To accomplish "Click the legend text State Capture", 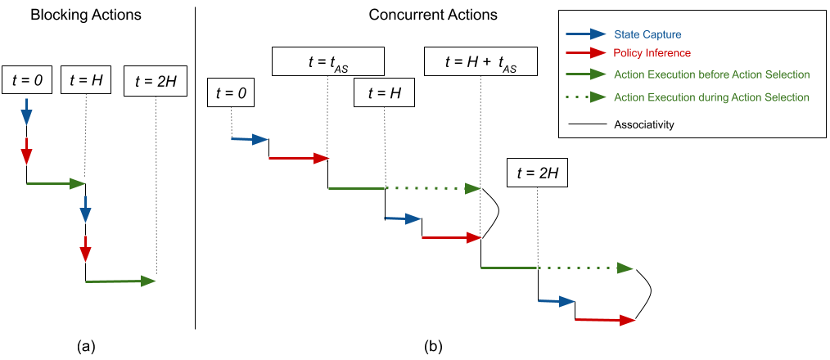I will point(647,34).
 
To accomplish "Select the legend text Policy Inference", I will point(652,53).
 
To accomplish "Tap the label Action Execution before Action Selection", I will point(711,74).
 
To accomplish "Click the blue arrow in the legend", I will point(585,34).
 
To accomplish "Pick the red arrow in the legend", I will point(585,53).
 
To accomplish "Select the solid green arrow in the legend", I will point(585,74).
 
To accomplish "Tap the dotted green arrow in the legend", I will point(585,97).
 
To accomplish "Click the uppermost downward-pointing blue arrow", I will point(26,112).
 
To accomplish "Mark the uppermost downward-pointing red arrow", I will point(26,151).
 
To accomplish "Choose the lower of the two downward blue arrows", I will point(85,209).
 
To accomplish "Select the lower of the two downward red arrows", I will point(85,250).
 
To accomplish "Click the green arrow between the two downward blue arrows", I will point(56,183).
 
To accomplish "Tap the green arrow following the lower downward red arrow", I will point(120,281).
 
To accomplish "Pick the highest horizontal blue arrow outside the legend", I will point(250,140).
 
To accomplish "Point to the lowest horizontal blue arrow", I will point(557,301).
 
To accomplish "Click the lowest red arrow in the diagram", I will point(606,320).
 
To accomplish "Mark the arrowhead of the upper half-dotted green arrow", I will point(472,188).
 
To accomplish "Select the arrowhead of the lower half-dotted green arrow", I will point(625,268).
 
